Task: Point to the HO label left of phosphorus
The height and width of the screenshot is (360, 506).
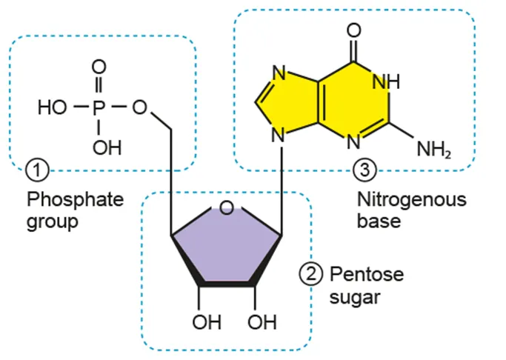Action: [53, 107]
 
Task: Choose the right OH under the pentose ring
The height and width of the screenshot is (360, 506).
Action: [261, 323]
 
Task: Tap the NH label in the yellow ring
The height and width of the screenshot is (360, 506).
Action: [385, 82]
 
